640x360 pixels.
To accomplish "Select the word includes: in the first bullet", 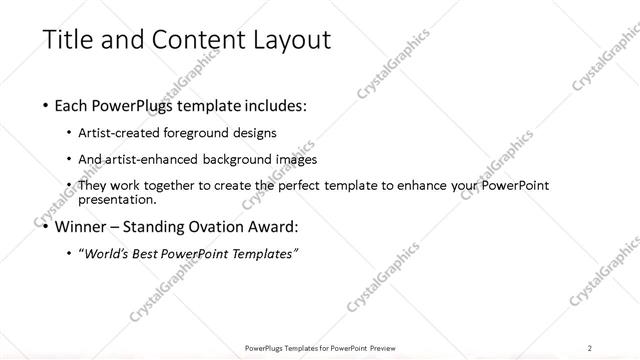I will coord(268,104).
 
